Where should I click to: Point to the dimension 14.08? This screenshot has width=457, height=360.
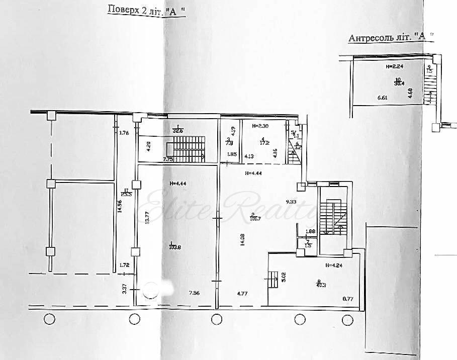[x=242, y=239]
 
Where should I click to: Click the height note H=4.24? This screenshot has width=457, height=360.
[x=334, y=266]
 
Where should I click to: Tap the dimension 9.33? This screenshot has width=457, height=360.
[x=292, y=201]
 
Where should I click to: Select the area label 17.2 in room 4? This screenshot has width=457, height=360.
[x=263, y=142]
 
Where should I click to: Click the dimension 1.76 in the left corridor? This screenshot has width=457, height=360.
[x=124, y=133]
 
